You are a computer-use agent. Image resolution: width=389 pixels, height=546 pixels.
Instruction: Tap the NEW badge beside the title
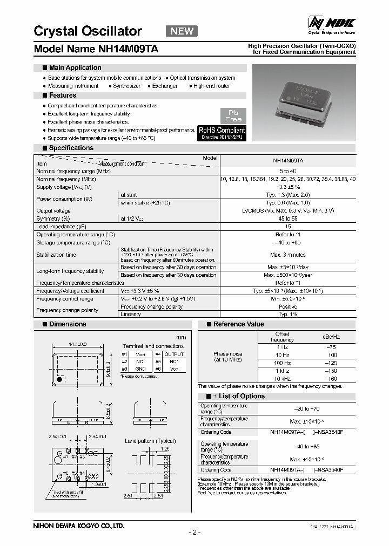(182, 31)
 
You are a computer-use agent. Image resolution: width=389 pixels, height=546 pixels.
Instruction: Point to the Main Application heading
(75, 68)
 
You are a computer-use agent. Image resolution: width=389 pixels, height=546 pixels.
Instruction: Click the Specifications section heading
(71, 148)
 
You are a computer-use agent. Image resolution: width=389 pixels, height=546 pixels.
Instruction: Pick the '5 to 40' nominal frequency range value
(287, 170)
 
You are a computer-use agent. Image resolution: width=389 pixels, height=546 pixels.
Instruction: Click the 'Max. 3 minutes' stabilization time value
(287, 255)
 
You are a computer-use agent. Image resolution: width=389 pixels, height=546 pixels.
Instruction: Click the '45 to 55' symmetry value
(287, 219)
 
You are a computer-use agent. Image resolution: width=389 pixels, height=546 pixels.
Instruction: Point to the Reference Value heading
(238, 324)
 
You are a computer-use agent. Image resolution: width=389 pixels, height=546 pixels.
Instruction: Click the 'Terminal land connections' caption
(153, 346)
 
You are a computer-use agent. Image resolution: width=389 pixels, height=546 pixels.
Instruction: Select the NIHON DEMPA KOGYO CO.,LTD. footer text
(79, 525)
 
